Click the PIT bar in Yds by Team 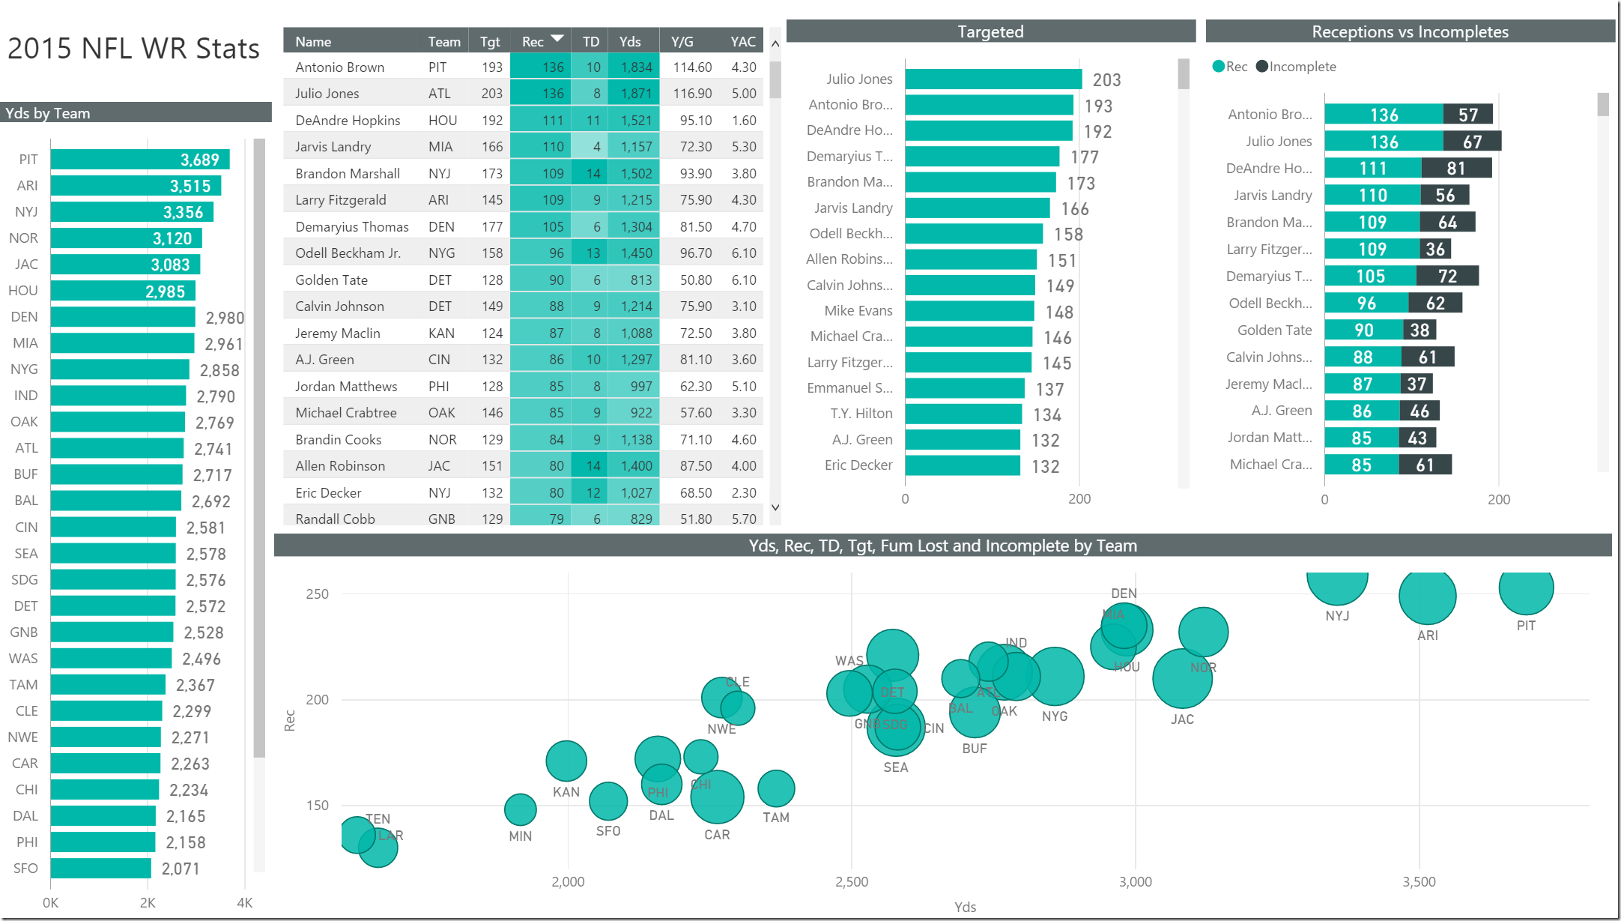point(139,160)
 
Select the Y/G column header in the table point(682,42)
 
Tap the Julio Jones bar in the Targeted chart point(993,79)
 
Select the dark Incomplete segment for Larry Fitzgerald point(1435,249)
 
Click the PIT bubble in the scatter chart point(1526,588)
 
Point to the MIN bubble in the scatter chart point(520,809)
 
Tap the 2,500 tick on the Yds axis point(852,882)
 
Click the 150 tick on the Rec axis point(317,806)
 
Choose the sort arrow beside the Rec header point(557,39)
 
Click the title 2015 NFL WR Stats point(133,49)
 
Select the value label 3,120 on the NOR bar point(172,238)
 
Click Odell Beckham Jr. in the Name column point(348,253)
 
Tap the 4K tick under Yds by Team point(244,903)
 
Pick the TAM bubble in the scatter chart point(776,788)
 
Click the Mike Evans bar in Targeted point(969,311)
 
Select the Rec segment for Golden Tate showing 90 point(1363,330)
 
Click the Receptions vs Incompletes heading point(1410,31)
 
